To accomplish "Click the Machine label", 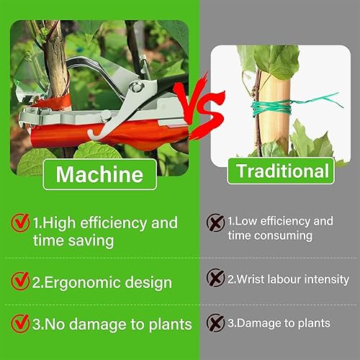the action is point(99,174).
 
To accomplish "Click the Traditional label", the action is point(281,171).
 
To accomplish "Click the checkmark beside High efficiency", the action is point(20,222).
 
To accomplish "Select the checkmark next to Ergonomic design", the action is point(20,281).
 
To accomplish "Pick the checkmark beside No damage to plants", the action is point(20,323).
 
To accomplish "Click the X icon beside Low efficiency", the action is point(215,222).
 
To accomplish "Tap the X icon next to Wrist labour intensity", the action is point(215,277).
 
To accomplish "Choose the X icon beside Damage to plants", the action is point(215,323).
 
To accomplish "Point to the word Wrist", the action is point(250,279).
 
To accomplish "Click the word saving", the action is point(91,240).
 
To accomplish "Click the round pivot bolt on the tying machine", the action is point(138,87).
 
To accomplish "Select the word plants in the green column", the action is point(171,325).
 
